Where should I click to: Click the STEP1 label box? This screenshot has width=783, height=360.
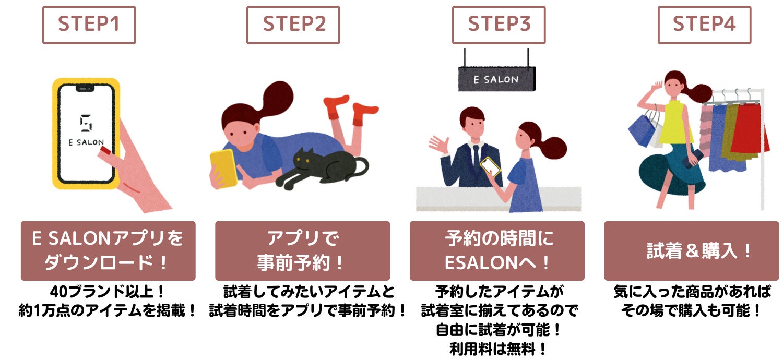[89, 25]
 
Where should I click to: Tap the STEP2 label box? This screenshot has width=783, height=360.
[293, 25]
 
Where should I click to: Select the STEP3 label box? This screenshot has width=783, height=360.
[499, 25]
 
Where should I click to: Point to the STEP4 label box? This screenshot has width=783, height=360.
[704, 25]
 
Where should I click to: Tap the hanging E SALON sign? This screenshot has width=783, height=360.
[497, 79]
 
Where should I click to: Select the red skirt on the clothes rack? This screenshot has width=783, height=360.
[748, 129]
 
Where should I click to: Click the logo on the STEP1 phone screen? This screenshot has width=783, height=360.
[86, 123]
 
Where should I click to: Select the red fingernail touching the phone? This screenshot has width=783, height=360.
[105, 151]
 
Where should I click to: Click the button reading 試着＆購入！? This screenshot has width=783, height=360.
[692, 250]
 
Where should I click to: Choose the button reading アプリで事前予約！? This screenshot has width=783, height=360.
[302, 250]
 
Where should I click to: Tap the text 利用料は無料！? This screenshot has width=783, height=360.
[498, 349]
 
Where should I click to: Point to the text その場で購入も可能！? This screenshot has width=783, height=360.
[691, 310]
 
